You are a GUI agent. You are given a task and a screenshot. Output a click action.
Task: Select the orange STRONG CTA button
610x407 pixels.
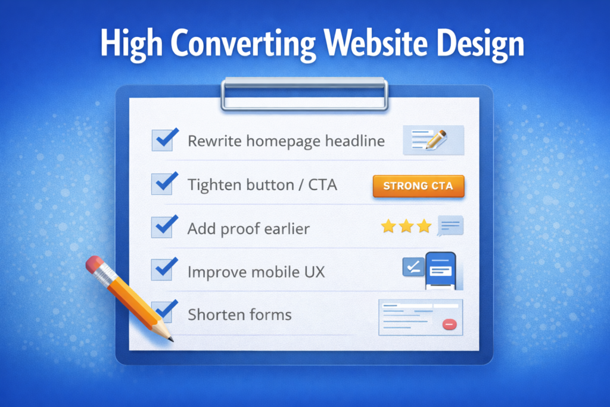click(x=418, y=186)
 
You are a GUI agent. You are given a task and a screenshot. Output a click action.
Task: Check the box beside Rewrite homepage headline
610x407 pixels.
click(x=162, y=140)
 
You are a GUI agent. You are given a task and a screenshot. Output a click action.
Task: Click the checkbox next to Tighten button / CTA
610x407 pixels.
click(x=162, y=184)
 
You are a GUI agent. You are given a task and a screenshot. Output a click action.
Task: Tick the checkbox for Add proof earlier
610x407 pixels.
click(x=162, y=227)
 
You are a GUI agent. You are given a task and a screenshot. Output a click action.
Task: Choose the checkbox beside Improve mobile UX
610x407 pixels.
click(x=162, y=271)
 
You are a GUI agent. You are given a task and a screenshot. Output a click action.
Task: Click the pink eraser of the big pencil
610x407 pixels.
click(x=95, y=265)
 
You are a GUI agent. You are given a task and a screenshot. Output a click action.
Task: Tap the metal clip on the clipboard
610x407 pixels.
click(x=304, y=94)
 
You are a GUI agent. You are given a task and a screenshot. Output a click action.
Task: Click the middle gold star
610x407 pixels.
click(x=406, y=226)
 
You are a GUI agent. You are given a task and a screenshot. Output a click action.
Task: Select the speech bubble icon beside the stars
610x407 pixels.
click(x=450, y=226)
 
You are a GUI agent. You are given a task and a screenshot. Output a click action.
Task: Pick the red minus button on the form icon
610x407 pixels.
click(x=449, y=325)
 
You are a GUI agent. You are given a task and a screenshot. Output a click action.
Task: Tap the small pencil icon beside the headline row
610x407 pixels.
click(x=435, y=140)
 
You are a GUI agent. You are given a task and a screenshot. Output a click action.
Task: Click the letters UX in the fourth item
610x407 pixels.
click(x=314, y=272)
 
